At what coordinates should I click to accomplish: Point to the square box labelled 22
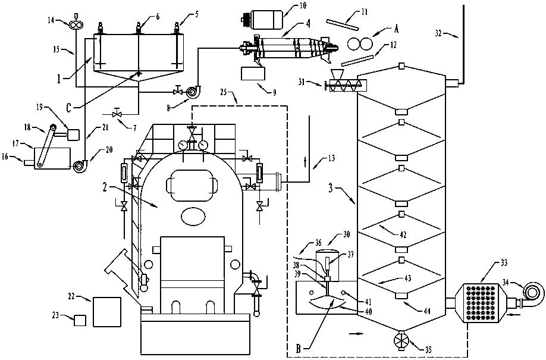click(107, 311)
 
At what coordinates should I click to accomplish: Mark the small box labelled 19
click(74, 134)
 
